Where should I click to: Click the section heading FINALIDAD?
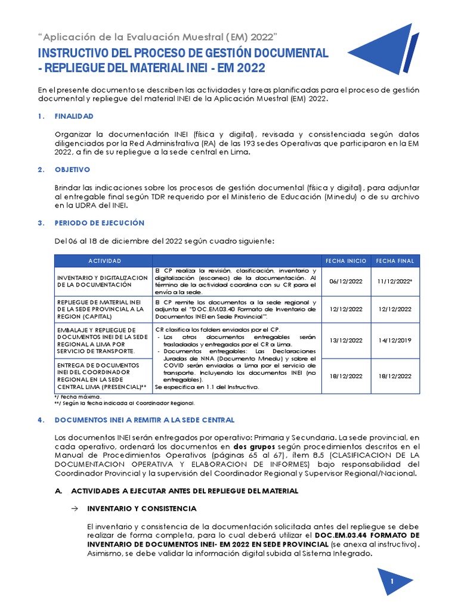[x=74, y=116]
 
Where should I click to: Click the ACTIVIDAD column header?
[x=104, y=261]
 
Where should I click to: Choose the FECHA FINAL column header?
[x=395, y=261]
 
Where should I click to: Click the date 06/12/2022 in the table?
[x=346, y=282]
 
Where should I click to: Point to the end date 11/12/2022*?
[x=395, y=282]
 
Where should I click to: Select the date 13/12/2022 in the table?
[x=346, y=340]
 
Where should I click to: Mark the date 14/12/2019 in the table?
[x=395, y=340]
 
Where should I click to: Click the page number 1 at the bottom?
[x=392, y=581]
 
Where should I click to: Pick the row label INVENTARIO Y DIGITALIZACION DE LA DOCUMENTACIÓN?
[x=101, y=282]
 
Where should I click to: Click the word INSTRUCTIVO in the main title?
[x=76, y=53]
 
